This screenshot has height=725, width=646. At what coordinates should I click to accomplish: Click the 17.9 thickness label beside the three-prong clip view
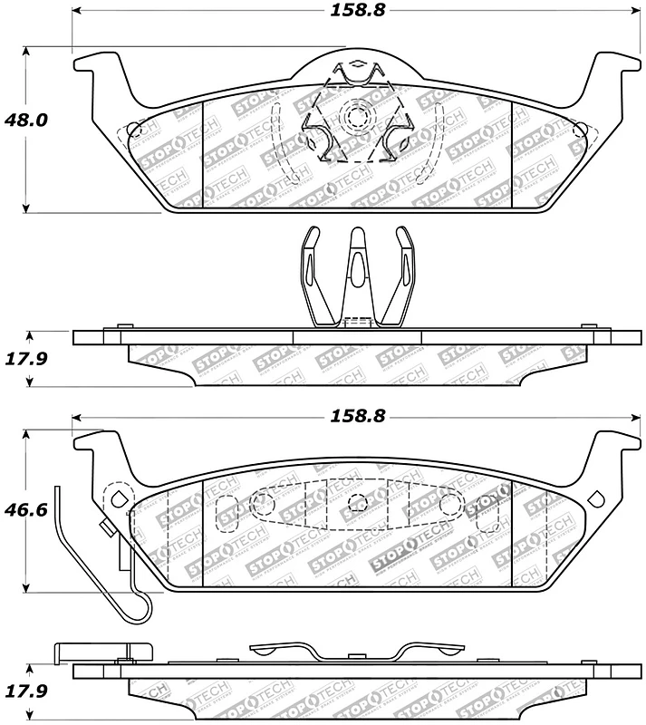[x=28, y=359]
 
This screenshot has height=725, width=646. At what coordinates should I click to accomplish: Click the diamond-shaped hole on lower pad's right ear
[x=596, y=497]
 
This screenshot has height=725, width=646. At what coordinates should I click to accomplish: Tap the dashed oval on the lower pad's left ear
[x=116, y=498]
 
